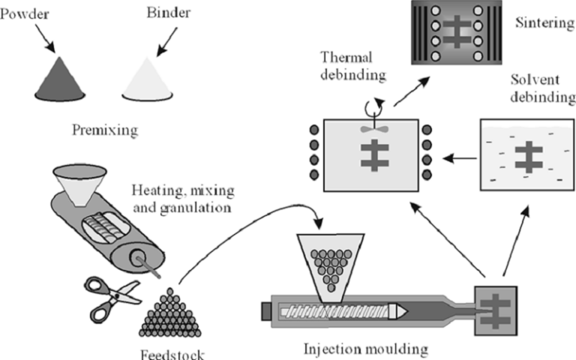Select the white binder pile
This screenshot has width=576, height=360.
(x=148, y=79)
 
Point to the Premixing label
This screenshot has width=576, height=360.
(x=105, y=130)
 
